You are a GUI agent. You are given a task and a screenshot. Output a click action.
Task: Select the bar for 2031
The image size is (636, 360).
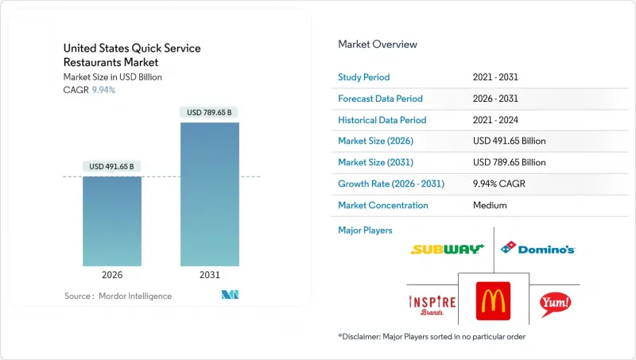pyautogui.click(x=209, y=194)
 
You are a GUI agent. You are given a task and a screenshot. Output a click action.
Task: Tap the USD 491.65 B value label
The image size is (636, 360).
pyautogui.click(x=112, y=167)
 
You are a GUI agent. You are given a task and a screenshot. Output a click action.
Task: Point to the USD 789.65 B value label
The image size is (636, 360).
pyautogui.click(x=209, y=113)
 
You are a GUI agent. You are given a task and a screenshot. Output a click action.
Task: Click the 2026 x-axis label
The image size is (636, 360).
pyautogui.click(x=112, y=274)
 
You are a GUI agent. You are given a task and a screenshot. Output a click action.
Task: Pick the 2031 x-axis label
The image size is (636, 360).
pyautogui.click(x=209, y=274)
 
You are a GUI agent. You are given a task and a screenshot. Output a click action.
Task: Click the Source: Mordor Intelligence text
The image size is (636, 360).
pyautogui.click(x=118, y=296)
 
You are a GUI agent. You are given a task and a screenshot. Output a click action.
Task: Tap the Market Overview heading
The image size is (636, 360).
pyautogui.click(x=378, y=45)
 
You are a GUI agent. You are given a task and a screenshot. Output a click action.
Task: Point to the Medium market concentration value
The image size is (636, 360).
pyautogui.click(x=489, y=205)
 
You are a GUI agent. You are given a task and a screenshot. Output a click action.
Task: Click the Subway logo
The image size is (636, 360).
pyautogui.click(x=447, y=249)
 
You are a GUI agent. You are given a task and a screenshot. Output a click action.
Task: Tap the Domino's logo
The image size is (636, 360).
pyautogui.click(x=537, y=249)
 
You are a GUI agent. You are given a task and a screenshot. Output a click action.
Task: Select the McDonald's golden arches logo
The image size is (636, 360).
pyautogui.click(x=493, y=302)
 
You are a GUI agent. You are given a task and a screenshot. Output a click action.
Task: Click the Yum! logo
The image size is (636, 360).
pyautogui.click(x=555, y=303)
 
